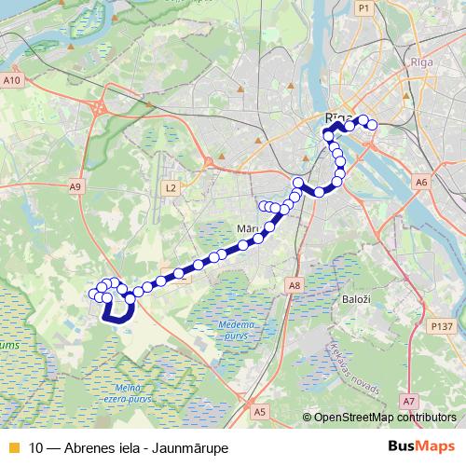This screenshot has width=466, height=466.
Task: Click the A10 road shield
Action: pos(12,81)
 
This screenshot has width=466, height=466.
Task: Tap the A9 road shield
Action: pos(75,187)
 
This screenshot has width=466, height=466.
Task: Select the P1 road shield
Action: pos(363,7)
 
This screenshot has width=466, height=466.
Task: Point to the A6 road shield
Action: pos(421,182)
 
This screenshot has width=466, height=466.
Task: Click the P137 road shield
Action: pos(442,326)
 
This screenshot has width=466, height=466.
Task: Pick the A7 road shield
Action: pos(408,401)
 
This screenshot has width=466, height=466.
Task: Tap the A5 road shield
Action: pos(260,411)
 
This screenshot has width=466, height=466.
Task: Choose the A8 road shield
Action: pos(295,285)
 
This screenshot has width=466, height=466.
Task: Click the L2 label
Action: pos(171,188)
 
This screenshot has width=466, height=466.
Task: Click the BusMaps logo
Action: pos(422,446)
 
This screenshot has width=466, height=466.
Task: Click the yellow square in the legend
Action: pos(12,447)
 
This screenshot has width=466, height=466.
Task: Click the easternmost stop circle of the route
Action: pos(372,125)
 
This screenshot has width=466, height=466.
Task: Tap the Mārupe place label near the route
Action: pos(248,228)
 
